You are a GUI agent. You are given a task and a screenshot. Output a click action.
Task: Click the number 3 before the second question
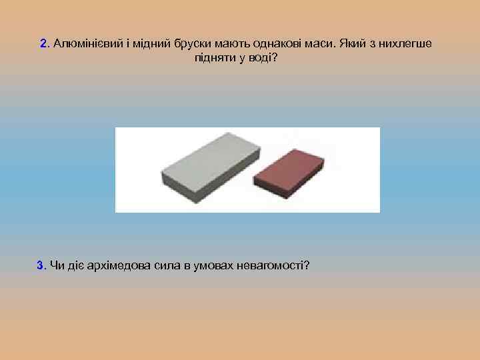[x=40, y=266]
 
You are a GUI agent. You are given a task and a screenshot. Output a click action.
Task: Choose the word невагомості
[x=273, y=266]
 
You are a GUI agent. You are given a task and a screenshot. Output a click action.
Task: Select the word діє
[x=73, y=266]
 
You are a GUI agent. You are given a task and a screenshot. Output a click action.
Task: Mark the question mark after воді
[x=274, y=58]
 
